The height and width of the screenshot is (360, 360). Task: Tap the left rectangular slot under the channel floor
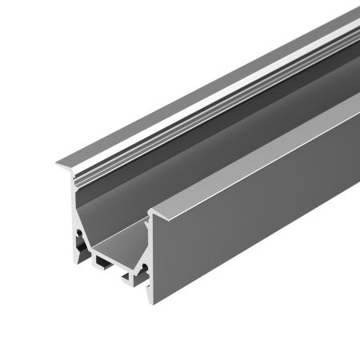pos(102,262)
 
